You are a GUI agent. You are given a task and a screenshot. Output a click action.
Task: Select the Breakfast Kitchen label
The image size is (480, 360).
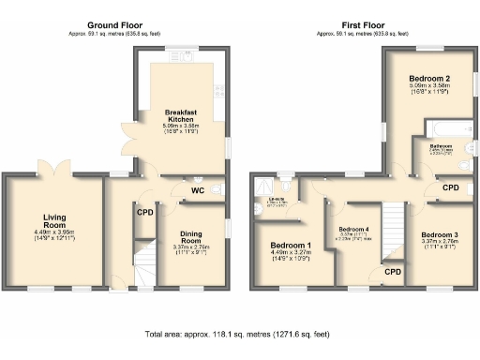click(x=181, y=115)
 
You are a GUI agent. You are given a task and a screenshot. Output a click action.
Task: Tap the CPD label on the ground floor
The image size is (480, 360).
click(x=144, y=212)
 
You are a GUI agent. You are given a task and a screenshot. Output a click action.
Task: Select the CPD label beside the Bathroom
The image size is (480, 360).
click(x=451, y=187)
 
